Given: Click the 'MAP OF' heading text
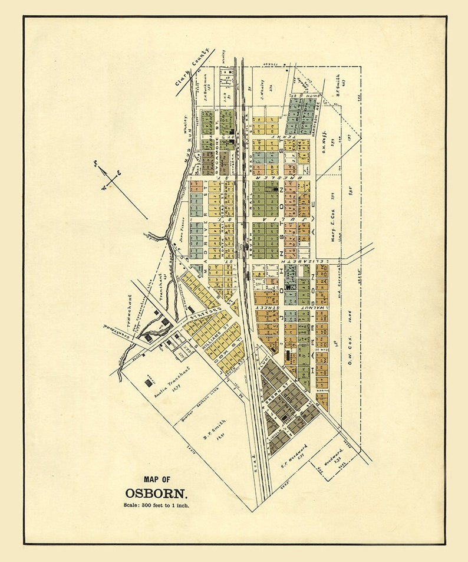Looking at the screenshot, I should [x=156, y=479].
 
